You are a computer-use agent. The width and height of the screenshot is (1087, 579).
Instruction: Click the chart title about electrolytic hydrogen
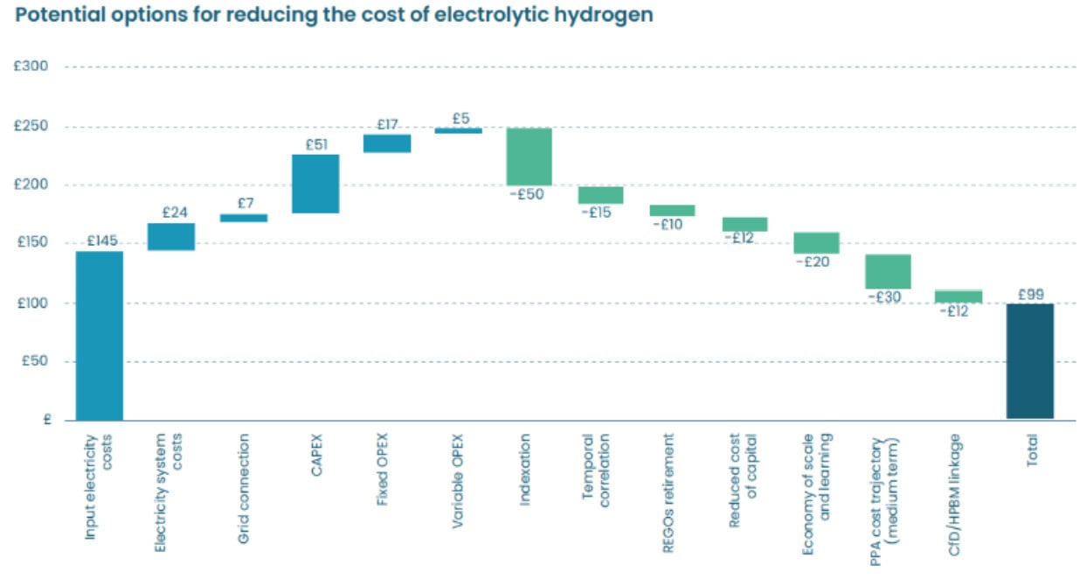pyautogui.click(x=333, y=16)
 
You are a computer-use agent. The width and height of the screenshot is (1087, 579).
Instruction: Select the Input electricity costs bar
pyautogui.click(x=99, y=335)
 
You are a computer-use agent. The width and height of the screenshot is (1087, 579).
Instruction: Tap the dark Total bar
pyautogui.click(x=1029, y=361)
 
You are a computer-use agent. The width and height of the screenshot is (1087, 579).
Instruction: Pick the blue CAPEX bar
pyautogui.click(x=315, y=184)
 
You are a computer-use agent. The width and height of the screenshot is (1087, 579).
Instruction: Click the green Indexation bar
pyautogui.click(x=529, y=157)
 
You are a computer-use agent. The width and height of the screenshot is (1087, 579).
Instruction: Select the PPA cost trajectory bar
pyautogui.click(x=887, y=271)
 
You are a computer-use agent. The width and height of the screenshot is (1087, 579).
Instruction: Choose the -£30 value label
pyautogui.click(x=884, y=297)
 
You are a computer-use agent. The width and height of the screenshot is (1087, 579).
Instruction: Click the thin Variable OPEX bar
pyautogui.click(x=458, y=130)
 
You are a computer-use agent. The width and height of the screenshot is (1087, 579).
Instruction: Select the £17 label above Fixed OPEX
pyautogui.click(x=387, y=125)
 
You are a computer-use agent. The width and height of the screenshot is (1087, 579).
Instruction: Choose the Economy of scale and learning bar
pyautogui.click(x=816, y=243)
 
